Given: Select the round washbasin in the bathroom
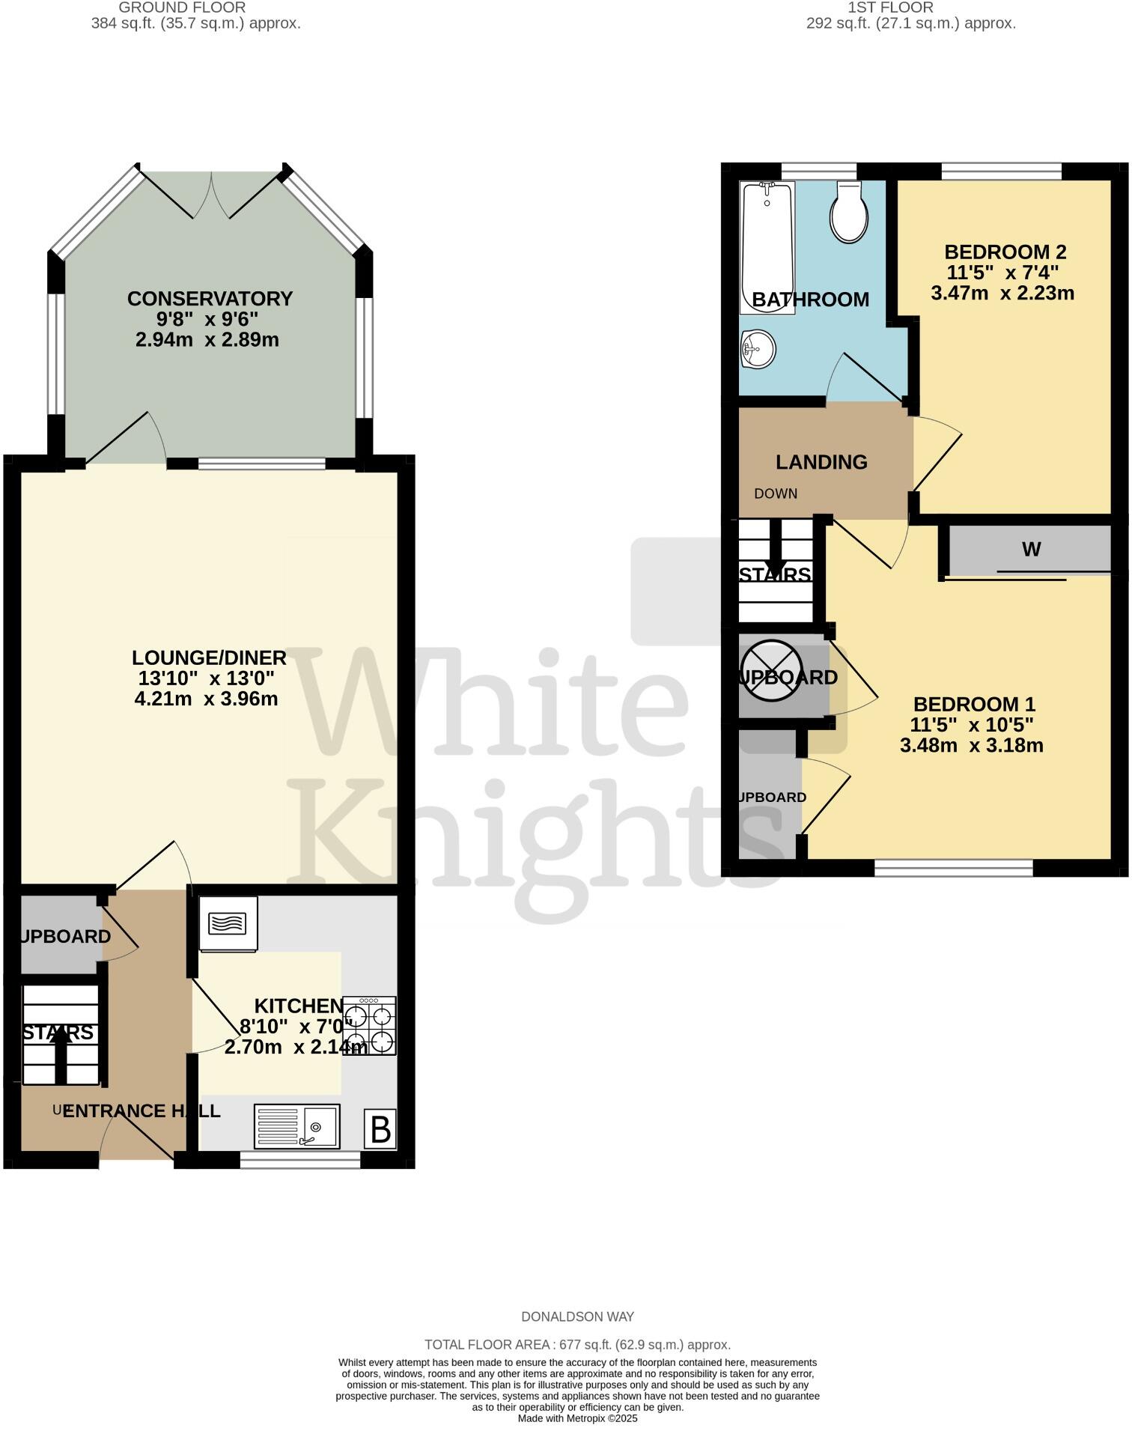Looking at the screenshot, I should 758,349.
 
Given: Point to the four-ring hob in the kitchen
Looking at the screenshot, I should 371,1026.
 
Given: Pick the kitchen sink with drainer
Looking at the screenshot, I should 297,1126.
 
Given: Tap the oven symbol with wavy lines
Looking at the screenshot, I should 228,924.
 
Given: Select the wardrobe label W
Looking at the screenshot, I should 1031,550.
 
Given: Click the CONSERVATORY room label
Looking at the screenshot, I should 210,299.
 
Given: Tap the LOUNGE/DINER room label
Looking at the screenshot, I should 209,657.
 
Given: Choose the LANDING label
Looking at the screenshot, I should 821,462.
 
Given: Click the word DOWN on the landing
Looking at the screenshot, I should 776,493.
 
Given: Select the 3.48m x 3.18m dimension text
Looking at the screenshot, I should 971,745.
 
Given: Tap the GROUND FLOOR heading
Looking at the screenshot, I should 182,7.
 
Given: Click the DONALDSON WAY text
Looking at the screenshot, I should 577,1316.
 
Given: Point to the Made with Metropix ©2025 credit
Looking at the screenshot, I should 577,1418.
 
